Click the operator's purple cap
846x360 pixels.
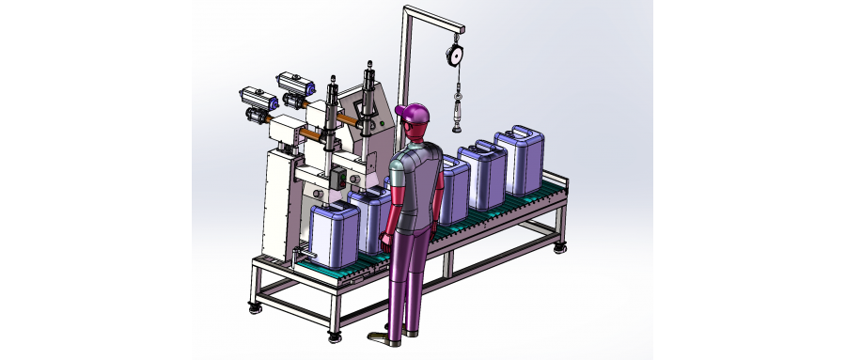point(414,113)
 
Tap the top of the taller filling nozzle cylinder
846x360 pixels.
point(368,68)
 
